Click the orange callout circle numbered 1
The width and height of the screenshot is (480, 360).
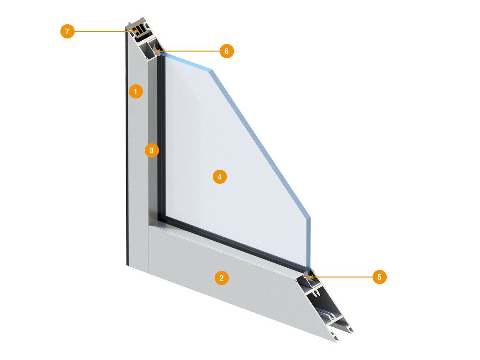point(135,91)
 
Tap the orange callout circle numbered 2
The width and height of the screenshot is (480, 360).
point(221,277)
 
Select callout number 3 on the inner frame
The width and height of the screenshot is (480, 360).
point(151,150)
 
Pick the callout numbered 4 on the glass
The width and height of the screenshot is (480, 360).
point(219,177)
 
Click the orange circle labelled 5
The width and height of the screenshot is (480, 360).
point(379,277)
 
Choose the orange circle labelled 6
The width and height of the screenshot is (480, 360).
point(226,51)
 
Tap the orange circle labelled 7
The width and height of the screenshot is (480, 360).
point(67,31)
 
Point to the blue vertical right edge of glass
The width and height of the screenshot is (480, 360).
point(308,242)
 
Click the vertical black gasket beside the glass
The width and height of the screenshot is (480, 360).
point(161,138)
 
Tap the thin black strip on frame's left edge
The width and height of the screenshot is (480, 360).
point(127,147)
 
